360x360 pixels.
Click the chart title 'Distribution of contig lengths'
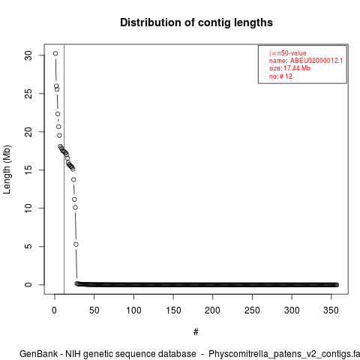click(196, 22)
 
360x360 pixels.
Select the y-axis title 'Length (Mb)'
click(7, 169)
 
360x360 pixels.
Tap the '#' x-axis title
click(196, 331)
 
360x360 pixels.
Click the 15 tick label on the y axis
click(28, 170)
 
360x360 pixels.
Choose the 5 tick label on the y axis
click(28, 247)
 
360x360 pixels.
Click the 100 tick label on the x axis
click(133, 310)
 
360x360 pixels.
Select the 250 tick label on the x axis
click(252, 310)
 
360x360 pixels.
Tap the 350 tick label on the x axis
click(331, 310)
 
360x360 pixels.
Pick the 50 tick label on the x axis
click(94, 310)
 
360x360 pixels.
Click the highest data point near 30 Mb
click(55, 53)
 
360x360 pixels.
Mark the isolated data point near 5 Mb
click(76, 244)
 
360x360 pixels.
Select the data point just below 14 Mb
click(73, 179)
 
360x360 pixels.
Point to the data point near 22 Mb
click(58, 114)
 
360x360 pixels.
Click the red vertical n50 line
click(64, 169)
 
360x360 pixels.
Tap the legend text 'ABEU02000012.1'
click(316, 61)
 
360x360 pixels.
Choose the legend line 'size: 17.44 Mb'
click(289, 68)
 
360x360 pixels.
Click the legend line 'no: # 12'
click(280, 76)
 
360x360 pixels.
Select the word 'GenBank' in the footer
click(38, 354)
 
